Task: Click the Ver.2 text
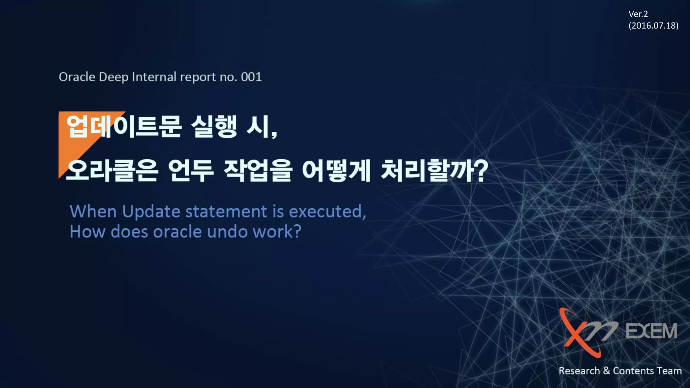[x=638, y=14]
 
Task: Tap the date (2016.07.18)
[x=653, y=26]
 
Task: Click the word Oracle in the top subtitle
[x=77, y=77]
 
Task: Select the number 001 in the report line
[x=251, y=77]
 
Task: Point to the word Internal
[x=154, y=77]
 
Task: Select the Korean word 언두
[x=191, y=171]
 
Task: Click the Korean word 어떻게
[x=336, y=171]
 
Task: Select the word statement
[x=226, y=212]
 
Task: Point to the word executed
[x=327, y=212]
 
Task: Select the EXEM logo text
[x=651, y=331]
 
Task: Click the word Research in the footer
[x=579, y=371]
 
